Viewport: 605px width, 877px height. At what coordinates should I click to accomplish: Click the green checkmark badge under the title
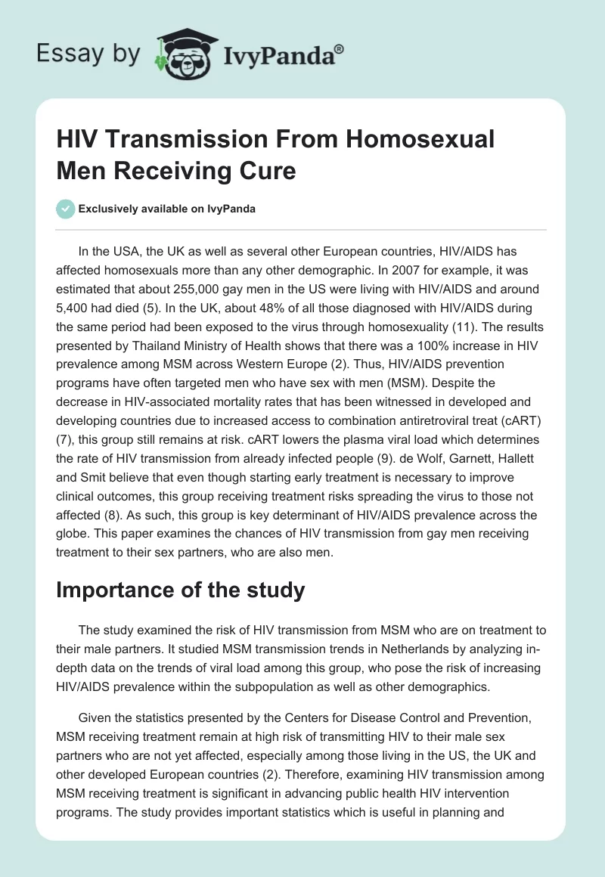[x=66, y=209]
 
